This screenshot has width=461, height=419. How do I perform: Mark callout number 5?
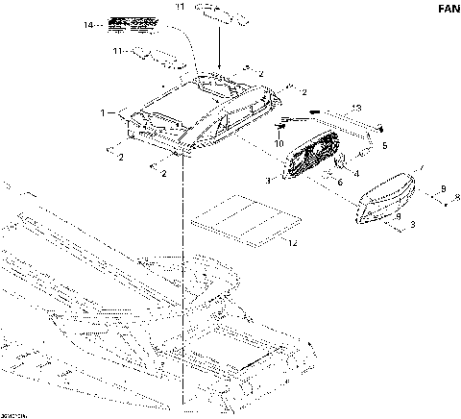pos(384,145)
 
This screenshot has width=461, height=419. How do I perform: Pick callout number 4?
pos(357,173)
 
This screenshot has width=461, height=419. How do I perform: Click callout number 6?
pos(338,182)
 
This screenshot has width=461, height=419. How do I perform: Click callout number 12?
pos(292,244)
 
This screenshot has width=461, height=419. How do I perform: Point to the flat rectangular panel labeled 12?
pos(235,220)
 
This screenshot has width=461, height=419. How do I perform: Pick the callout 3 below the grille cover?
pos(411,224)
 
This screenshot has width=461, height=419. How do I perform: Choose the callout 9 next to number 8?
pos(443,187)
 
